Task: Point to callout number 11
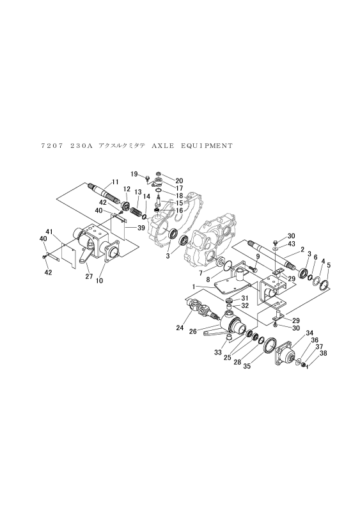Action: [116, 182]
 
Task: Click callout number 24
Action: [180, 328]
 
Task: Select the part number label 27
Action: [89, 276]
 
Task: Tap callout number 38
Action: [323, 353]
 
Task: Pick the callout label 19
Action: [134, 174]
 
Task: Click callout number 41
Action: [49, 232]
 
